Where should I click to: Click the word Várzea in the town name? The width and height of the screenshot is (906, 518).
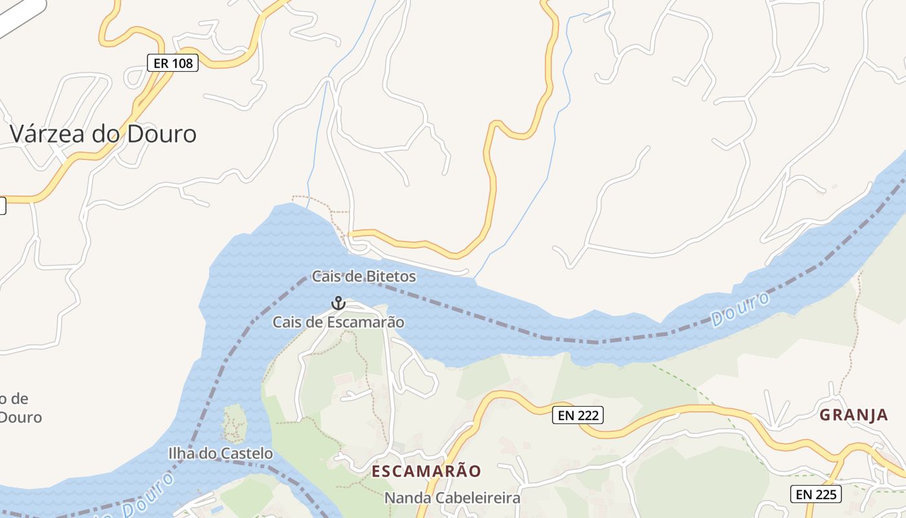click(x=50, y=134)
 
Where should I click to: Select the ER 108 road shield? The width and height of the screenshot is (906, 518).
click(x=172, y=63)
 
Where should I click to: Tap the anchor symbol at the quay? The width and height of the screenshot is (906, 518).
click(x=338, y=303)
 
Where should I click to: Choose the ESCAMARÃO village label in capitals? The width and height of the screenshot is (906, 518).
click(x=426, y=471)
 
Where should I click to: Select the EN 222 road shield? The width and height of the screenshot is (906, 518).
click(x=578, y=416)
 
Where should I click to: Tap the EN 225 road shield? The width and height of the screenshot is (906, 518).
click(x=816, y=495)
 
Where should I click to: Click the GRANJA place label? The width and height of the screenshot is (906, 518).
click(x=854, y=415)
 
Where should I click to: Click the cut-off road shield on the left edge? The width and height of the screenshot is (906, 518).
click(x=2, y=206)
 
